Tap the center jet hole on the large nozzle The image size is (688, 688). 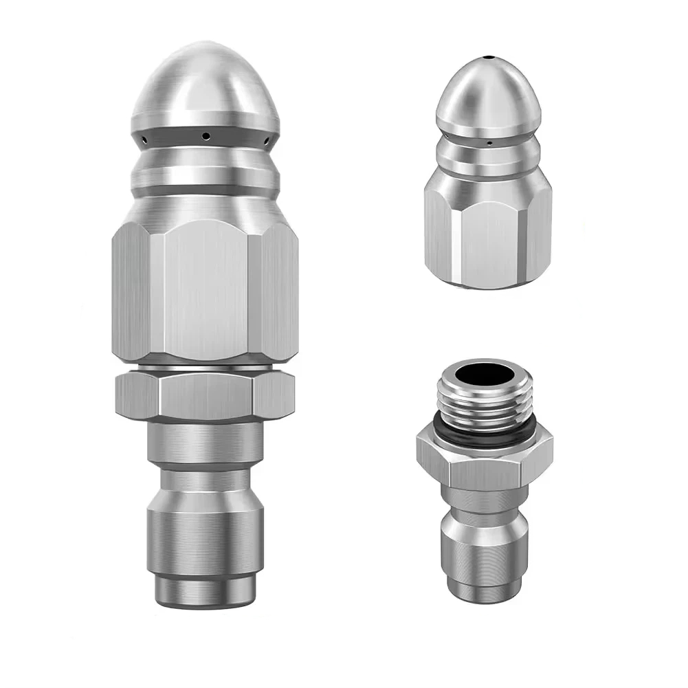coord(204,136)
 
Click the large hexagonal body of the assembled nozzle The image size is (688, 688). coord(204,289)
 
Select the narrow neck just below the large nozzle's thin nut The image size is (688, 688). coord(204,440)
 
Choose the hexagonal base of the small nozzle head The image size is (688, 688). coord(487,234)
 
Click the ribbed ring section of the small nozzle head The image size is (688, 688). coord(487,155)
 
